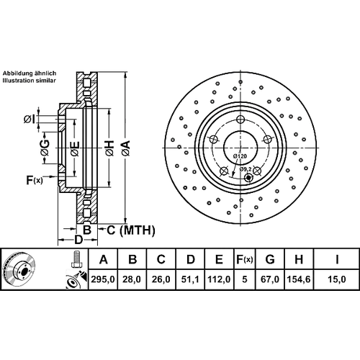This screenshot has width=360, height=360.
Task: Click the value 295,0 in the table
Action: click(103, 279)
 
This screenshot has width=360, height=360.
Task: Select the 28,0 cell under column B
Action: click(132, 279)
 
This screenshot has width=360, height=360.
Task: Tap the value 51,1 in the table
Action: click(190, 279)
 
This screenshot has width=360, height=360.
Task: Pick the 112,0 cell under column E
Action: click(219, 279)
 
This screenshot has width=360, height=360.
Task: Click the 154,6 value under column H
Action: click(299, 279)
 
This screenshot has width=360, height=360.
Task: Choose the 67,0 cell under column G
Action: click(269, 279)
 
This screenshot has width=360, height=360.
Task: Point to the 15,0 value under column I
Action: click(336, 279)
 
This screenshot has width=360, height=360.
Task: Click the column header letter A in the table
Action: click(103, 259)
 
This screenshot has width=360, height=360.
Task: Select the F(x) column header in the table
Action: click(245, 259)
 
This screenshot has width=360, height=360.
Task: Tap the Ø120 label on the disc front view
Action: click(240, 156)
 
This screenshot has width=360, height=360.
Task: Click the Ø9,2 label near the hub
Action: click(246, 169)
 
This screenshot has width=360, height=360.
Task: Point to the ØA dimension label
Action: click(125, 148)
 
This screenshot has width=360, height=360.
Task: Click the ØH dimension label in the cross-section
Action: click(109, 148)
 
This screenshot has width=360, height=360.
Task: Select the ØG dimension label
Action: click(45, 148)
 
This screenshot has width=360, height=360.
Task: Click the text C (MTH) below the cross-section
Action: click(131, 230)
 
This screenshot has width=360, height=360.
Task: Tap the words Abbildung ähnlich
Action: click(30, 73)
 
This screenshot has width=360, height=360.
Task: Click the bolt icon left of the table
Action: click(76, 259)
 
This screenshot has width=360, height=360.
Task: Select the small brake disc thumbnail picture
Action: click(19, 269)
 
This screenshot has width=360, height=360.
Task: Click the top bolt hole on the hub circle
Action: click(240, 120)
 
